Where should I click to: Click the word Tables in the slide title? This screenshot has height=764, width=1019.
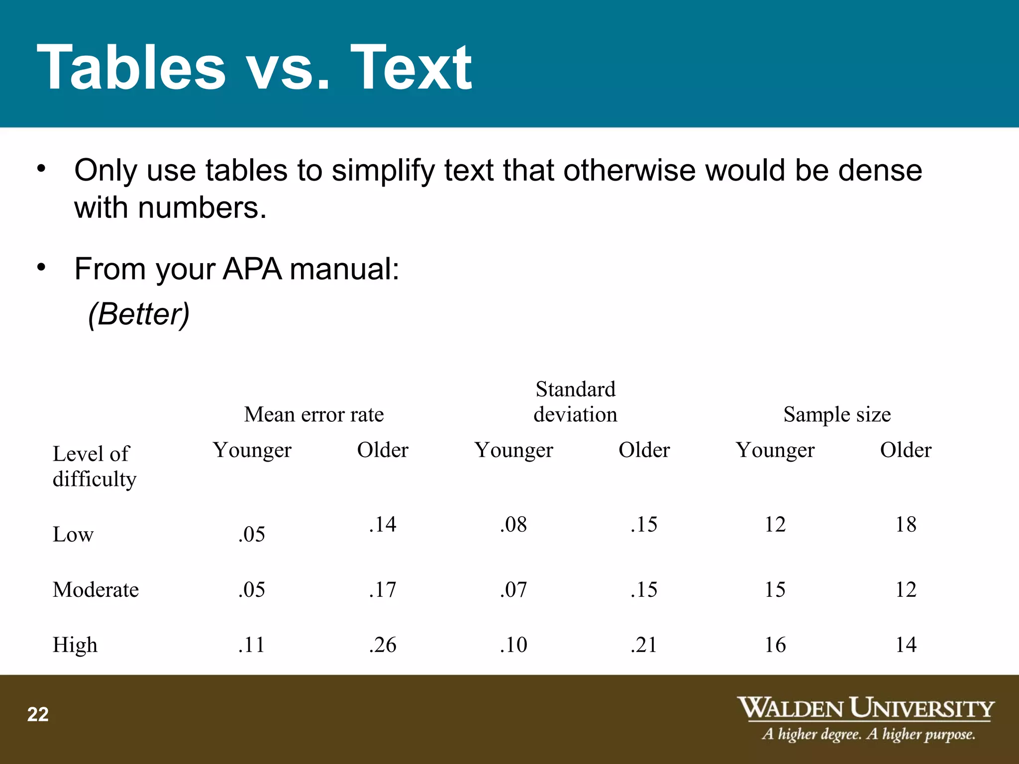pyautogui.click(x=131, y=68)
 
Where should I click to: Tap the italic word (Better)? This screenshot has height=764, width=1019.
pyautogui.click(x=139, y=314)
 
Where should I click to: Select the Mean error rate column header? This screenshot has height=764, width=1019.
pyautogui.click(x=314, y=414)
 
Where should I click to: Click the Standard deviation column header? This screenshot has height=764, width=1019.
pyautogui.click(x=575, y=402)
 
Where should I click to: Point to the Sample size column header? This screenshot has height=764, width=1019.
pyautogui.click(x=837, y=414)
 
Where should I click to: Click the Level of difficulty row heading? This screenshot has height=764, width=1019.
pyautogui.click(x=94, y=466)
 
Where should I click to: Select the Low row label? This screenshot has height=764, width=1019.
pyautogui.click(x=73, y=535)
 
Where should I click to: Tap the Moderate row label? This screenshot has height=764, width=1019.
pyautogui.click(x=96, y=590)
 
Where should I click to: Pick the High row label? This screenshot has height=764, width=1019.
pyautogui.click(x=75, y=645)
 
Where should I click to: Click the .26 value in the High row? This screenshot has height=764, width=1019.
pyautogui.click(x=383, y=645)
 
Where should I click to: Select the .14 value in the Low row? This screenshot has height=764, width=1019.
pyautogui.click(x=383, y=524)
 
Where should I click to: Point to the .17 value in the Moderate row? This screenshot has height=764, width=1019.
pyautogui.click(x=383, y=590)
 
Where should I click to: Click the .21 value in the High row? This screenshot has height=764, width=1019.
pyautogui.click(x=644, y=645)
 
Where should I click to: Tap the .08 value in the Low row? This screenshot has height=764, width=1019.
pyautogui.click(x=513, y=524)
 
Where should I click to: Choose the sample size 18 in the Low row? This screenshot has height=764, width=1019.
pyautogui.click(x=906, y=524)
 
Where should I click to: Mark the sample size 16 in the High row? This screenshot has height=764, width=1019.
pyautogui.click(x=775, y=645)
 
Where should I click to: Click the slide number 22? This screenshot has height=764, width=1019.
pyautogui.click(x=38, y=715)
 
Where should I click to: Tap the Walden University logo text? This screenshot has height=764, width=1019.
pyautogui.click(x=866, y=709)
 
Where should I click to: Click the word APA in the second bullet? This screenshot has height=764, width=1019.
pyautogui.click(x=252, y=269)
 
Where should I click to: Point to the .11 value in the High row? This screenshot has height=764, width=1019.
pyautogui.click(x=252, y=645)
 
